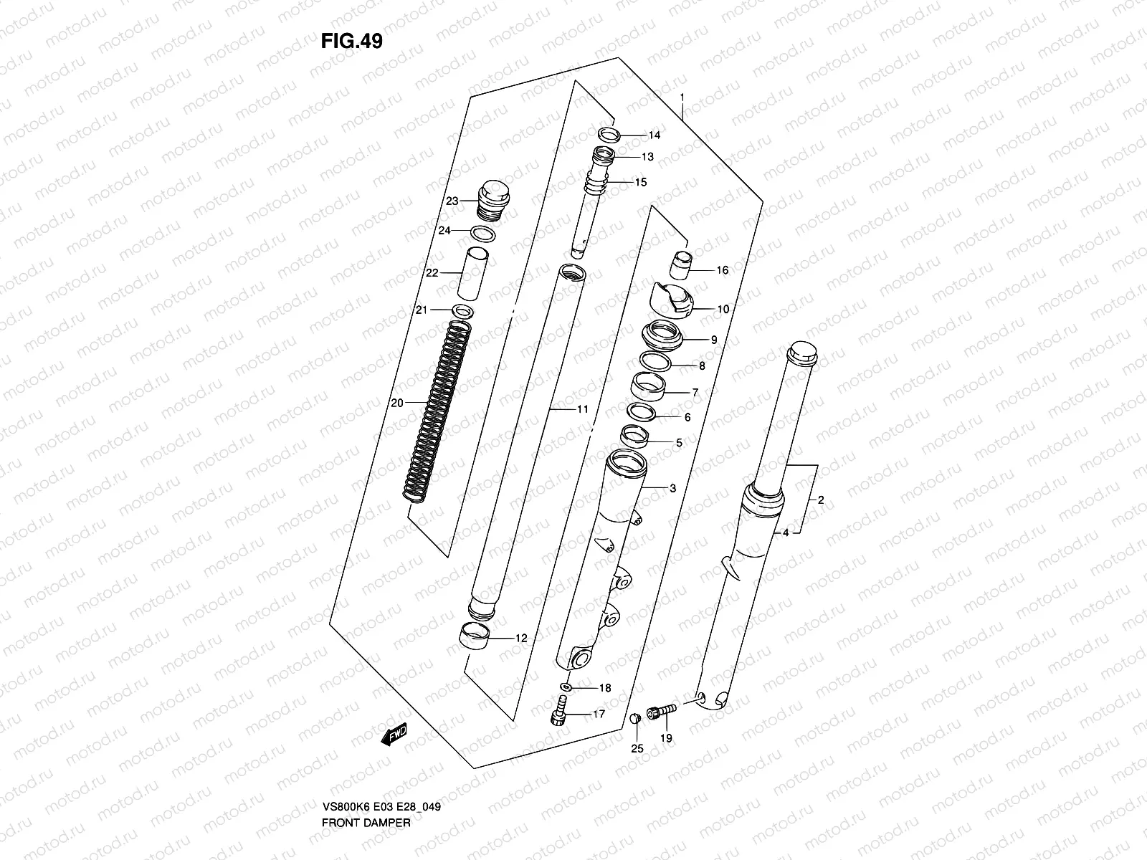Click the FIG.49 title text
click(351, 42)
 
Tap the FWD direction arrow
click(394, 734)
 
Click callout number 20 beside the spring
click(397, 403)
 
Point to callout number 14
click(654, 135)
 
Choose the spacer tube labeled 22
click(475, 274)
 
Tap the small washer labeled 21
click(463, 310)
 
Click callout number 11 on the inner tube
click(581, 409)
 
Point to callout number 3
click(672, 489)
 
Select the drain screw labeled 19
click(662, 710)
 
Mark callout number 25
click(637, 749)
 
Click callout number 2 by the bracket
click(821, 500)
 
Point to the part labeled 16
click(682, 264)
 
